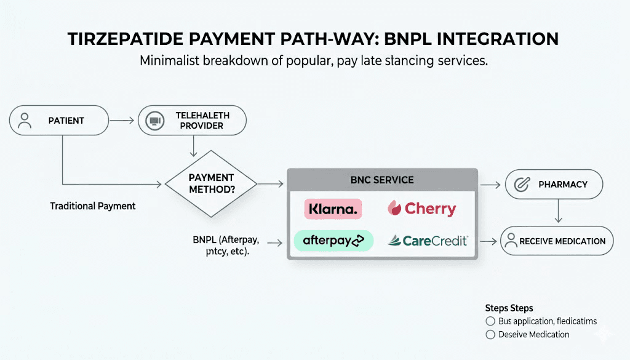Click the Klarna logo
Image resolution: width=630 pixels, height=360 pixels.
333,209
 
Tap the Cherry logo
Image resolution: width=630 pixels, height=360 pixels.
422,209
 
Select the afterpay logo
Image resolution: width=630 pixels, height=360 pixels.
333,240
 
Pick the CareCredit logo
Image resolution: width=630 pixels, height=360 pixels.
428,240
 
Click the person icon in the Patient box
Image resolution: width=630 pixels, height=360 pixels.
25,121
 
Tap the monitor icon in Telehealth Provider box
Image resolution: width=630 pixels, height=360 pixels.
154,121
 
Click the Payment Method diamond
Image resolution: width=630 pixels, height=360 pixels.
211,183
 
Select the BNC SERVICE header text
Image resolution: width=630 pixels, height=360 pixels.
382,180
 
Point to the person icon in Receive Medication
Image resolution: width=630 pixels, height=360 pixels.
510,242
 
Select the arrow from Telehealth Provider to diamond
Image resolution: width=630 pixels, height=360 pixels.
195,145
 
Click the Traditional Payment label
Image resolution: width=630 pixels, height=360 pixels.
93,206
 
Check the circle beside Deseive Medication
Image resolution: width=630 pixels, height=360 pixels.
490,335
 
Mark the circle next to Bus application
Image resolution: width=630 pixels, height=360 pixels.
490,321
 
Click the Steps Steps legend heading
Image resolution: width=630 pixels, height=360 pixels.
509,308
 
